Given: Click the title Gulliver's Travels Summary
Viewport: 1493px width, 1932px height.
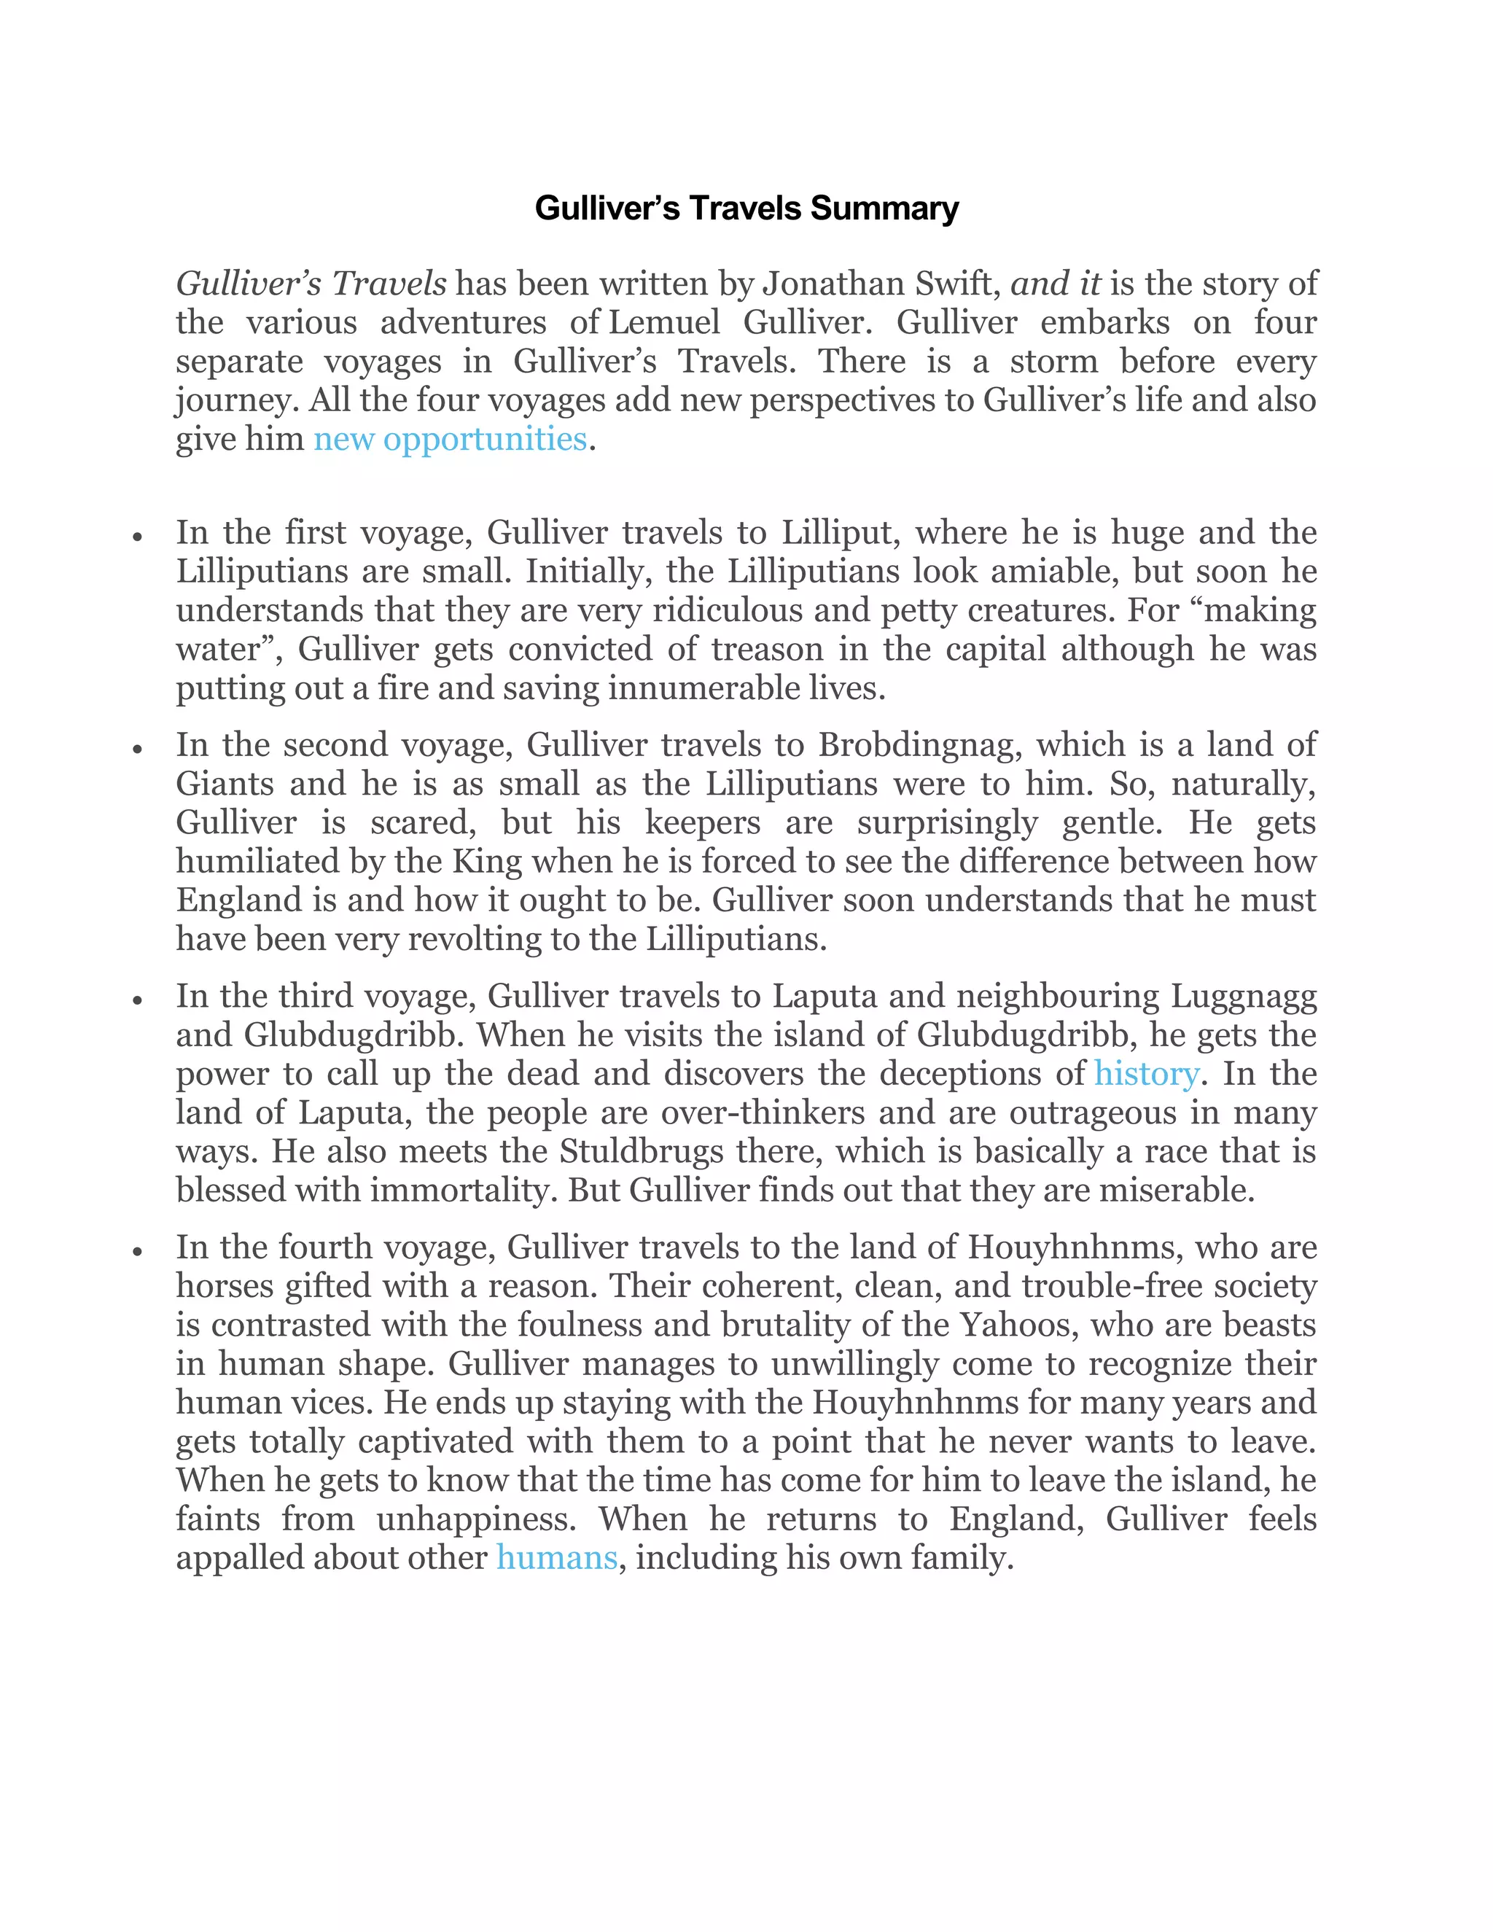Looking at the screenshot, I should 746,209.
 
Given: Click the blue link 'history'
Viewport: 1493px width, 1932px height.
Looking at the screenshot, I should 1145,1073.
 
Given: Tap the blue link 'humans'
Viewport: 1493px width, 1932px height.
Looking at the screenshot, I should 556,1557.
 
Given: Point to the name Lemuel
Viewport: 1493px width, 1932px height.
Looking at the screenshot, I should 664,323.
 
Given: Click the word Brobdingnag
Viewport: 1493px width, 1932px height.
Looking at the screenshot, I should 920,745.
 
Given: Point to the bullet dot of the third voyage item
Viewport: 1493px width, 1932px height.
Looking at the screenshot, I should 137,1000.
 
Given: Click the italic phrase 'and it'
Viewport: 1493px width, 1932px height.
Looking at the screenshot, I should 1055,284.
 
